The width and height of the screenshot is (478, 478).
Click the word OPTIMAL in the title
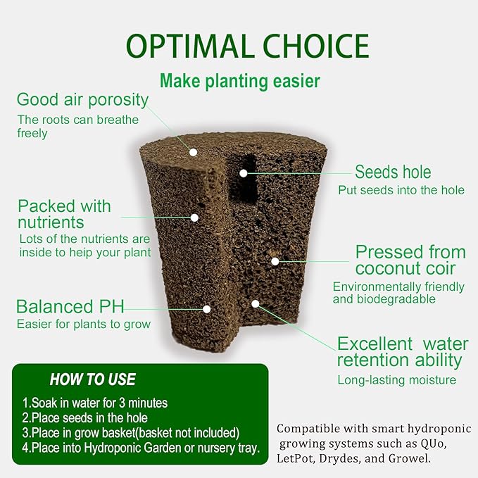point(188,46)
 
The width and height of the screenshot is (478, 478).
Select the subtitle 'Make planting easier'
point(239,81)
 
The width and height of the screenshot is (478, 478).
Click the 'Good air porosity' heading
point(82,100)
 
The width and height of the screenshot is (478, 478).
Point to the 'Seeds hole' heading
point(392,172)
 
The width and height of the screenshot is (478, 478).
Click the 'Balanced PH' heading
point(70,307)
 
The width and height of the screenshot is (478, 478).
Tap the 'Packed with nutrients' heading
point(64,214)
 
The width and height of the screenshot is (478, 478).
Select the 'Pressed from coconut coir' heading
point(410,260)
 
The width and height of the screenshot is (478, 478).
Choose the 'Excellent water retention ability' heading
point(400,352)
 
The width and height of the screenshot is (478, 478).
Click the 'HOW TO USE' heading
point(92,380)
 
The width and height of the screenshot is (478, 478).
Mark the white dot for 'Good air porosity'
point(193,151)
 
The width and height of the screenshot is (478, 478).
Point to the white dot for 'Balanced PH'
point(207,308)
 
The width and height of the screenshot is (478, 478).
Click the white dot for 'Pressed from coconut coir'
point(275,260)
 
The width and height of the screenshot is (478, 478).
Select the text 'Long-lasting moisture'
point(396,380)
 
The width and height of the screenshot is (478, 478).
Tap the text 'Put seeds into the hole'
point(401,190)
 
